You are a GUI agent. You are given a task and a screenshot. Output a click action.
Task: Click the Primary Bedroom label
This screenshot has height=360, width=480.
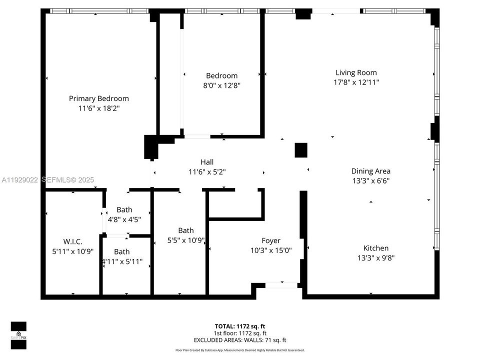[98, 98]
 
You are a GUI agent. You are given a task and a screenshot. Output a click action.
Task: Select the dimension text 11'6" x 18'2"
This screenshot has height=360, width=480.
[98, 108]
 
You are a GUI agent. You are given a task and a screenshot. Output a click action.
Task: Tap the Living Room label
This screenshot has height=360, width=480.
[356, 72]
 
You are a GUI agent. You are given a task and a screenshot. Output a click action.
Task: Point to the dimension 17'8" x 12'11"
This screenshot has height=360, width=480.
[356, 82]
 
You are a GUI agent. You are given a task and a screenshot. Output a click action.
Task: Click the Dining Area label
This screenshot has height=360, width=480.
[370, 171]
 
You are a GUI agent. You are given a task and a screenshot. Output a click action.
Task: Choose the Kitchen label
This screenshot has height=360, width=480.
[375, 248]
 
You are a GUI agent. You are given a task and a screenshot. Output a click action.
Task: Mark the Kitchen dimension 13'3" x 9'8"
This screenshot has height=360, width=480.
[375, 257]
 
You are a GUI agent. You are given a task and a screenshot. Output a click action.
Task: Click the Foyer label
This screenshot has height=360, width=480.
[271, 240]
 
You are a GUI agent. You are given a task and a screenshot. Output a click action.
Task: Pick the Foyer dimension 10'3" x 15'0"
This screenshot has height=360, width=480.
[271, 250]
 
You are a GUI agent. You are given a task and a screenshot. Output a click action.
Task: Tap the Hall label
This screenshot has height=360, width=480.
[207, 162]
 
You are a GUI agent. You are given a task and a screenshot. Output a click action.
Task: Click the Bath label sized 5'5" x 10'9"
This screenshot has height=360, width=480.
[186, 230]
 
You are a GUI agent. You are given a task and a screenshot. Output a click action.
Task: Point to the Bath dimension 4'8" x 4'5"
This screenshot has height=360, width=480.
[124, 219]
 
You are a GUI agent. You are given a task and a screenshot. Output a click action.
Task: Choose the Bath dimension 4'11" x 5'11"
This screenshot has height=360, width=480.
[121, 261]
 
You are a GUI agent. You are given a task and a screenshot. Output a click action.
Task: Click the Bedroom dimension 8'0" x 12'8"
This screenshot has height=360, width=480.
[221, 85]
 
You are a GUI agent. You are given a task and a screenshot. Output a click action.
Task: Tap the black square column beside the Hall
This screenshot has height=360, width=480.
[301, 150]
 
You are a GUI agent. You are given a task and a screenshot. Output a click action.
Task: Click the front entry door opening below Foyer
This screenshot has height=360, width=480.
[281, 285]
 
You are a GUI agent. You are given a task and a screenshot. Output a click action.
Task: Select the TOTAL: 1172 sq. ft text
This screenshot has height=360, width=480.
[239, 326]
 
